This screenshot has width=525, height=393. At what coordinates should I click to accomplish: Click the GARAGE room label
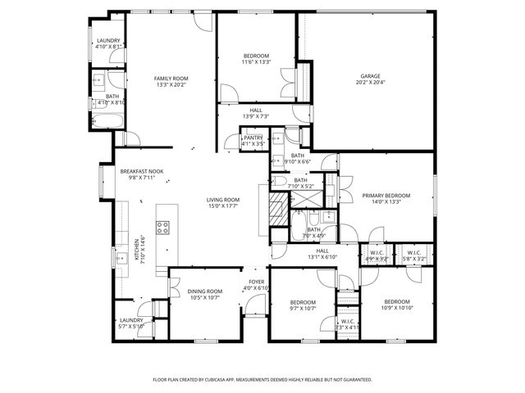(x=371, y=76)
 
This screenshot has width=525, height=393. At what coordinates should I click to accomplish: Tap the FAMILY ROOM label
(x=171, y=78)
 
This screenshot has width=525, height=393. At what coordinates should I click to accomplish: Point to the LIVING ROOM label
(x=222, y=200)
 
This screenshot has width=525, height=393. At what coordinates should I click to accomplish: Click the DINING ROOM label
(x=205, y=291)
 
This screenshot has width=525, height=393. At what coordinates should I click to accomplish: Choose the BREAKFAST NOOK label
(x=138, y=171)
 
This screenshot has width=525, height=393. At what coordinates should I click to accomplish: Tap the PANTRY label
(x=253, y=138)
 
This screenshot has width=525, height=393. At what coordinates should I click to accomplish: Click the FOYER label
(x=257, y=282)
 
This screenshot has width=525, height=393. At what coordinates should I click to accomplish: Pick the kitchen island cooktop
(x=162, y=227)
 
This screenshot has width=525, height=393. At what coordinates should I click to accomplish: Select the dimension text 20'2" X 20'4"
(x=371, y=83)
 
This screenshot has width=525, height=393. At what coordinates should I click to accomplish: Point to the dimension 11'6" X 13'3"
(x=256, y=62)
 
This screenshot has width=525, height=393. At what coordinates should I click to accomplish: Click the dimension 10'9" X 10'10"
(x=397, y=308)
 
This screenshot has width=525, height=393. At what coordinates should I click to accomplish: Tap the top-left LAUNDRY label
(x=108, y=41)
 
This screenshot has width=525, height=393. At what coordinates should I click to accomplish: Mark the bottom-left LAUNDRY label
(x=131, y=320)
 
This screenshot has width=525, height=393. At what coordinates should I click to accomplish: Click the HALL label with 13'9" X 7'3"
(x=256, y=115)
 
